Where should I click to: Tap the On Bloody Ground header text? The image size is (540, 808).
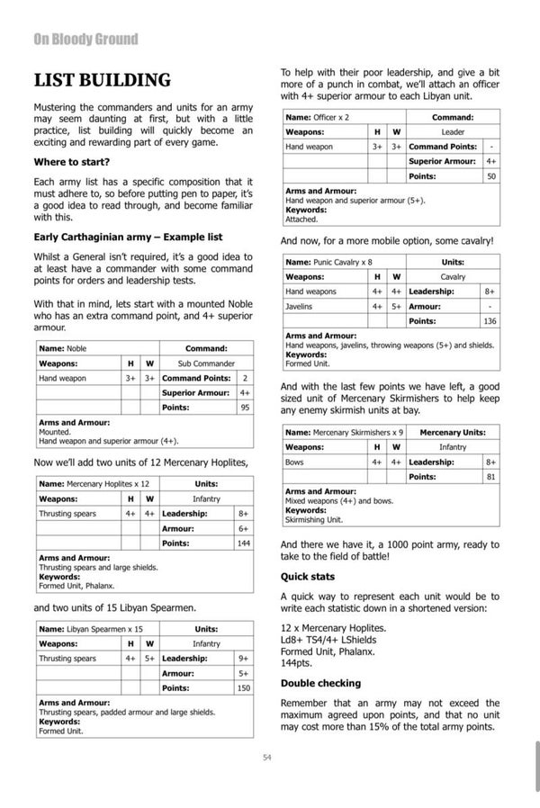point(85,39)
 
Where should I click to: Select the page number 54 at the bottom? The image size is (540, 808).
point(267,758)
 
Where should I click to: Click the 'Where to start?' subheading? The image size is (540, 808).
point(72,162)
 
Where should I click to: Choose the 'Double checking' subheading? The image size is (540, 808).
point(320,683)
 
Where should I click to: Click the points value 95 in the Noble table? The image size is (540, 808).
point(243,408)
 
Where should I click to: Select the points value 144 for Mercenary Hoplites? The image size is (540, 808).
point(243,543)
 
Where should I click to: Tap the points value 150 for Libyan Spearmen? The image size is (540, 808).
point(243,687)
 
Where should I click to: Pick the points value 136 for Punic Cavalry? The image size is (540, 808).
point(490,321)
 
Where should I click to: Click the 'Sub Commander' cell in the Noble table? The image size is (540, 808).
point(206,364)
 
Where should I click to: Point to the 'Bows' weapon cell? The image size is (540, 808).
point(293,462)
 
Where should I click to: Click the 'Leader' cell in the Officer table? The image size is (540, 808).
point(453,131)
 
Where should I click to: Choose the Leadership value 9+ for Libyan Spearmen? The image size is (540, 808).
point(243,659)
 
